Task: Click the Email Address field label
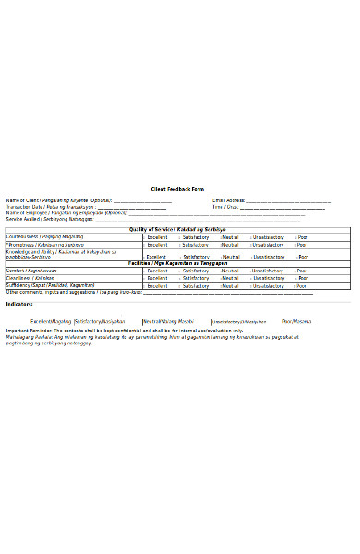(x=227, y=200)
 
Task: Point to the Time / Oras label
(x=225, y=207)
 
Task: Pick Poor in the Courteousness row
(x=303, y=236)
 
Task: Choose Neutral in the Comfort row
(x=231, y=271)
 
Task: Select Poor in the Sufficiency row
(x=303, y=286)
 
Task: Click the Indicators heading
(x=19, y=303)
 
